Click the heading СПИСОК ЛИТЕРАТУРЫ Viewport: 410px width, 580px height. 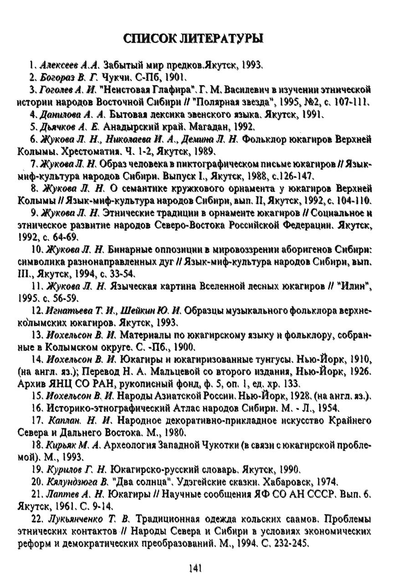(x=194, y=39)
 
